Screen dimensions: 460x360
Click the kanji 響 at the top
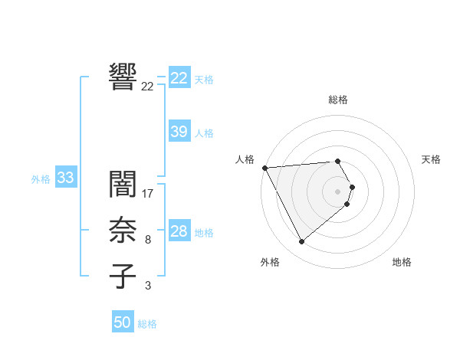pos(123,77)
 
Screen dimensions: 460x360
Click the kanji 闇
pos(123,185)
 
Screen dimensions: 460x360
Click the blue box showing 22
pos(179,78)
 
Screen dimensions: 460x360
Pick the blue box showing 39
pos(179,132)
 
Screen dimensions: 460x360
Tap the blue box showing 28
pos(179,231)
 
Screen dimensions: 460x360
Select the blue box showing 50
pos(123,322)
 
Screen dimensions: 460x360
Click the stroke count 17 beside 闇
pos(148,194)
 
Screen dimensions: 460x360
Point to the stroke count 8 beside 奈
pos(148,240)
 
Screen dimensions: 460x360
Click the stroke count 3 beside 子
pos(148,286)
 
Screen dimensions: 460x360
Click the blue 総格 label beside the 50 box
pos(147,324)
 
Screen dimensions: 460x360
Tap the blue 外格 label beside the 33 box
pos(41,179)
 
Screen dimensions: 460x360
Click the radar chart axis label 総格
pos(338,100)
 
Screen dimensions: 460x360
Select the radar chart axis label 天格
pos(432,159)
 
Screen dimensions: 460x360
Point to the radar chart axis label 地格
pos(402,262)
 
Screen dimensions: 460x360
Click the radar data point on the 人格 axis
pos(264,168)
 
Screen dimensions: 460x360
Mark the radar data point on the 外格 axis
pos(302,242)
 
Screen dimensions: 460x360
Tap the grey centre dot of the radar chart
pos(338,191)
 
